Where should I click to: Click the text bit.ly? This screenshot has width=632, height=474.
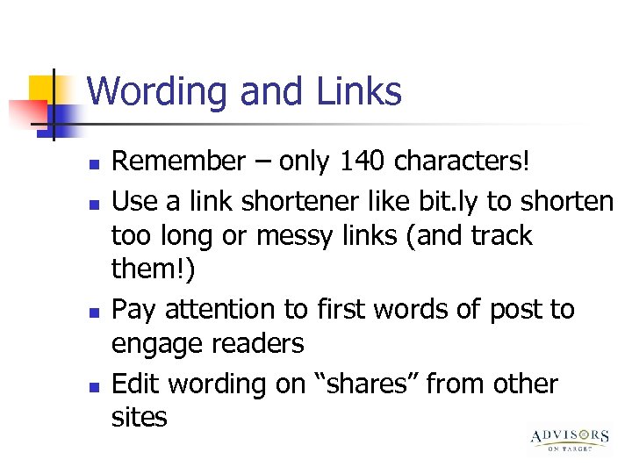(443, 201)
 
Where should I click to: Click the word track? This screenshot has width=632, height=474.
(500, 236)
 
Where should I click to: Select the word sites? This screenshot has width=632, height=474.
(139, 418)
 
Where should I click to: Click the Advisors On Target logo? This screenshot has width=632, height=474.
(570, 439)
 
